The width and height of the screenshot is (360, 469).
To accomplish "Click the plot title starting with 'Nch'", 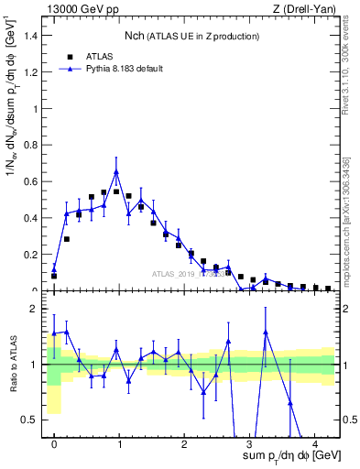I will click(x=191, y=35).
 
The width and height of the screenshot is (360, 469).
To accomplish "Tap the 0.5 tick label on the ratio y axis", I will click(x=36, y=420).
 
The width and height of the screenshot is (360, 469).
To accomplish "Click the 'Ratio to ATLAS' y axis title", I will click(x=12, y=365).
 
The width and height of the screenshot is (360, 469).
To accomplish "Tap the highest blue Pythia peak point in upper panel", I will click(x=116, y=171).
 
